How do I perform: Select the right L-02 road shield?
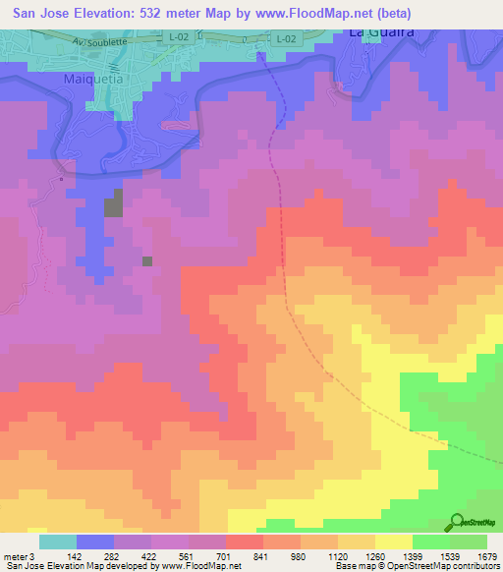point(284,38)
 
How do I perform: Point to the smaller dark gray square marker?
point(147,260)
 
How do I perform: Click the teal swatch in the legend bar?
point(58,542)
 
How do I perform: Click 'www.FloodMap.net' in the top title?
point(321,13)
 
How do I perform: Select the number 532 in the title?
point(155,13)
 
